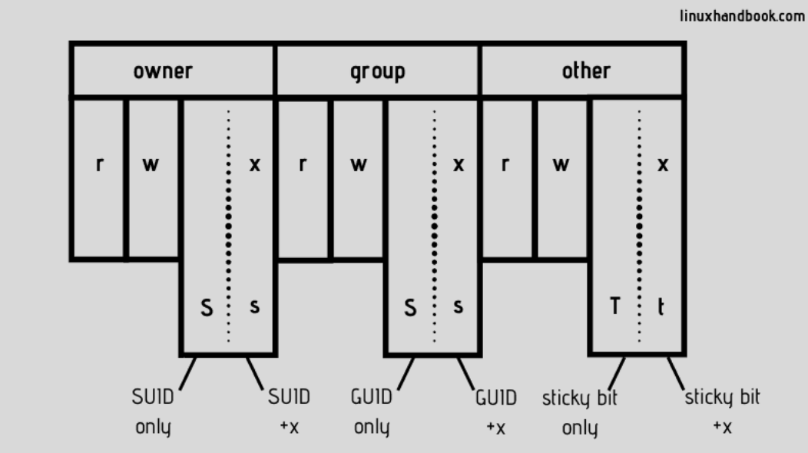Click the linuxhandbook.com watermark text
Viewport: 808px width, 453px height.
742,16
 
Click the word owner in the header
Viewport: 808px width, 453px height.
163,71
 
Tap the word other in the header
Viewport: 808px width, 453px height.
586,71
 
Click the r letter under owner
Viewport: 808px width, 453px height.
99,164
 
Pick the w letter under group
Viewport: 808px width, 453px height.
358,164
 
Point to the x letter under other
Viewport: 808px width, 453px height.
663,164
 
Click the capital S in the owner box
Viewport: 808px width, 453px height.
206,308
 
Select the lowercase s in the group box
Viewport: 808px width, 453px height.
458,306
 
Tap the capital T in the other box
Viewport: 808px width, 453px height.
614,306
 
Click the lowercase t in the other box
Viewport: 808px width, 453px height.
661,306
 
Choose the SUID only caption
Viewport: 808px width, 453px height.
153,412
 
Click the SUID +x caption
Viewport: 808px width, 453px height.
289,412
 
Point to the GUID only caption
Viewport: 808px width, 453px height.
372,412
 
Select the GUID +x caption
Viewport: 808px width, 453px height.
495,412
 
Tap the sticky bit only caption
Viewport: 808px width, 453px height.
580,413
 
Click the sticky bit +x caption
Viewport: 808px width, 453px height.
723,412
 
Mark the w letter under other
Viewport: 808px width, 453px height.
561,164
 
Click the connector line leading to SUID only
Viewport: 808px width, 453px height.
187,373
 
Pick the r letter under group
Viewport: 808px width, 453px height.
303,164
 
